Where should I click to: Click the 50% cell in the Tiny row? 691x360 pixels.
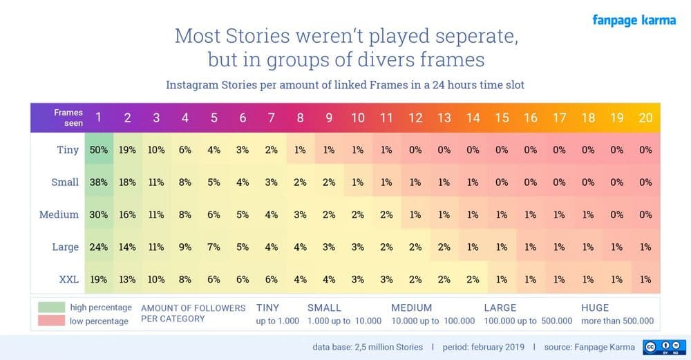point(98,150)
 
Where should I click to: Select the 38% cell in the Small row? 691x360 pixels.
point(98,182)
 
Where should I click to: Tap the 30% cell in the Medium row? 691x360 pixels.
point(98,214)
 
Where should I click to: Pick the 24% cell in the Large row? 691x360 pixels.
point(98,247)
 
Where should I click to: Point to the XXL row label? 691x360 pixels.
point(68,279)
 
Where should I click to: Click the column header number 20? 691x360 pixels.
point(645,118)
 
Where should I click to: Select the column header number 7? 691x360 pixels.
point(272,118)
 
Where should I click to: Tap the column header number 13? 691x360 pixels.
point(444,118)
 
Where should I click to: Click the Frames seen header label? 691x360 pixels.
point(68,117)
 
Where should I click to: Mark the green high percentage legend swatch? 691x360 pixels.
point(49,307)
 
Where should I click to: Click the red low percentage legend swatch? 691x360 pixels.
point(49,321)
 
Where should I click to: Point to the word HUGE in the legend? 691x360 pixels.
point(595,307)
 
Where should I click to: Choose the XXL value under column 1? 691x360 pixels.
point(98,279)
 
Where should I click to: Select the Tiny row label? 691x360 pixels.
point(67,150)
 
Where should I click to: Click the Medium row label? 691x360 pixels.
point(59,214)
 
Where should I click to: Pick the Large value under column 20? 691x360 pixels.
point(645,247)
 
